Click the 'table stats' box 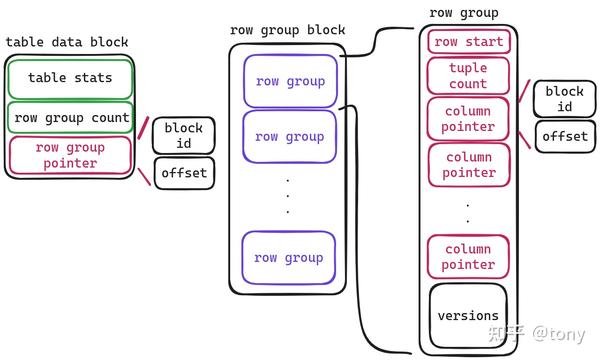pos(70,78)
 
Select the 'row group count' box pos(70,118)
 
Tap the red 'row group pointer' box pos(70,155)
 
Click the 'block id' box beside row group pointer pos(183,136)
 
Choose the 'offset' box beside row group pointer pos(183,173)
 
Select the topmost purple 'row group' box pos(288,81)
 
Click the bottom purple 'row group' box pos(288,257)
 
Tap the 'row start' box pos(468,42)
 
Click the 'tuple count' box pos(468,76)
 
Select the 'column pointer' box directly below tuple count pos(468,119)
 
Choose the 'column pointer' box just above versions pos(468,257)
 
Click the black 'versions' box pos(468,316)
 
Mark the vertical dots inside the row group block pos(287,196)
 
